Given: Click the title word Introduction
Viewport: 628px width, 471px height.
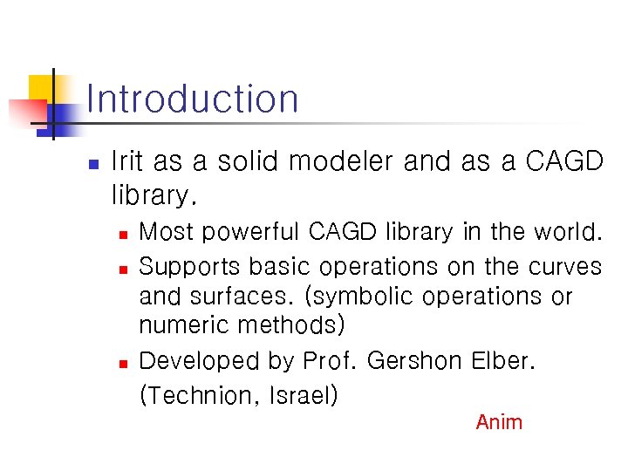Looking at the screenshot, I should [x=193, y=99].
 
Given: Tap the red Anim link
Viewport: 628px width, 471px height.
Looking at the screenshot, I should [x=499, y=422].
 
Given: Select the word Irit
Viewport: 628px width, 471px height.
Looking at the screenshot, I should [x=128, y=162].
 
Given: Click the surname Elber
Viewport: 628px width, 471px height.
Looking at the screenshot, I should [x=501, y=361].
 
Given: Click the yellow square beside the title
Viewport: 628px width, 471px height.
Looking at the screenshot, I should [x=41, y=87].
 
